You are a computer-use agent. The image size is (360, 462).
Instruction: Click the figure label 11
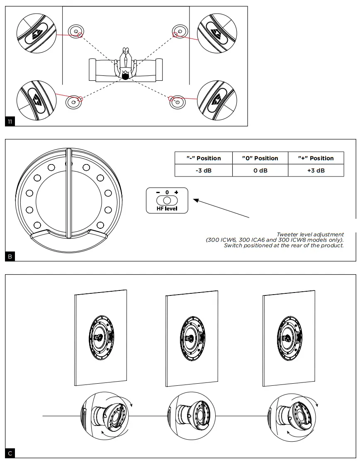pyautogui.click(x=10, y=121)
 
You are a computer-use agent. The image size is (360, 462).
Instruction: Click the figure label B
pyautogui.click(x=10, y=256)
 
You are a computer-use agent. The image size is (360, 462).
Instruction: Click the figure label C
pyautogui.click(x=10, y=453)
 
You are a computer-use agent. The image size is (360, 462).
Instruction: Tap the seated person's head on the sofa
pyautogui.click(x=125, y=76)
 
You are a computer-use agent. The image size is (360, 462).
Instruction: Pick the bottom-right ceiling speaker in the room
pyautogui.click(x=177, y=102)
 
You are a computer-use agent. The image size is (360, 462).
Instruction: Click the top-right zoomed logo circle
pyautogui.click(x=216, y=31)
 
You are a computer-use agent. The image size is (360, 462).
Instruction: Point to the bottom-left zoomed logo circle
pyautogui.click(x=36, y=100)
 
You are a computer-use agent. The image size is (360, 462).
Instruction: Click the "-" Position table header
pyautogui.click(x=204, y=158)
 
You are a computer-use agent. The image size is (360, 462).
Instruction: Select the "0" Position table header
pyautogui.click(x=260, y=158)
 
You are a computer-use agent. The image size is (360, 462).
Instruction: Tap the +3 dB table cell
pyautogui.click(x=316, y=170)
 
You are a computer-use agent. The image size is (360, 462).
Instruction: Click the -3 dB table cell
pyautogui.click(x=204, y=170)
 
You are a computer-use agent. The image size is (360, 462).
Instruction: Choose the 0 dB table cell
pyautogui.click(x=260, y=170)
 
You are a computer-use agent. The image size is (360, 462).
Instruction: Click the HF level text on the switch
pyautogui.click(x=167, y=209)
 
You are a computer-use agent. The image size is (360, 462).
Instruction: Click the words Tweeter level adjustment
pyautogui.click(x=310, y=235)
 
